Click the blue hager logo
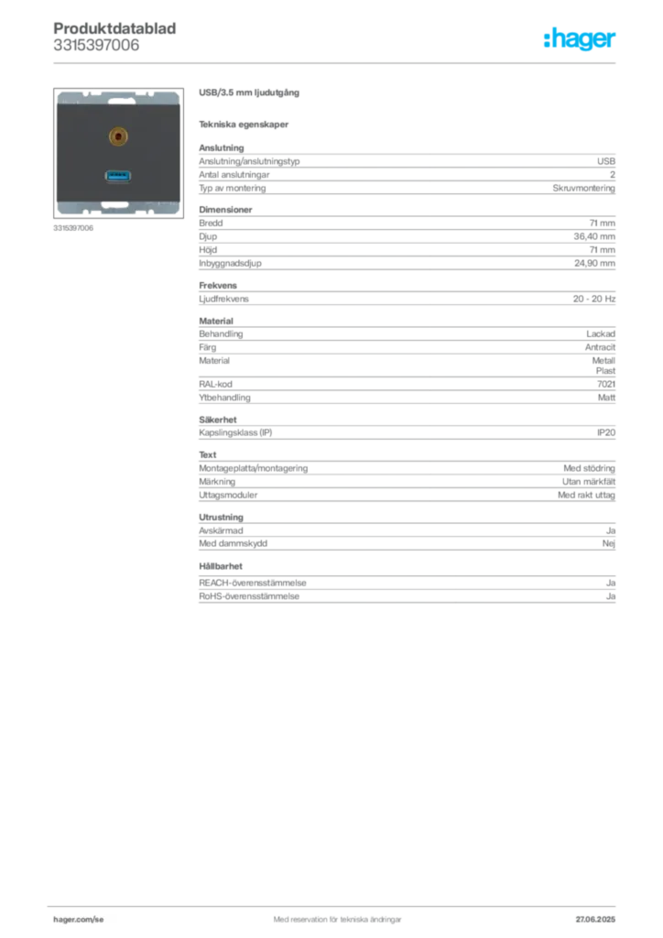tap(581, 40)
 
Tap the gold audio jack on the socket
tap(117, 136)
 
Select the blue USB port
tap(117, 174)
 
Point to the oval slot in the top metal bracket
tap(117, 96)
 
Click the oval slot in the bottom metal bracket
tap(117, 207)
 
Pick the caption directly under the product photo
tap(73, 229)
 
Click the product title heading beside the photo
tap(248, 93)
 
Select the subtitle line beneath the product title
tap(245, 125)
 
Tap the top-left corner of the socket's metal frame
tap(60, 93)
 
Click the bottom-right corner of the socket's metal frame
tap(177, 213)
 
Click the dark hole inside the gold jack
tap(117, 136)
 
